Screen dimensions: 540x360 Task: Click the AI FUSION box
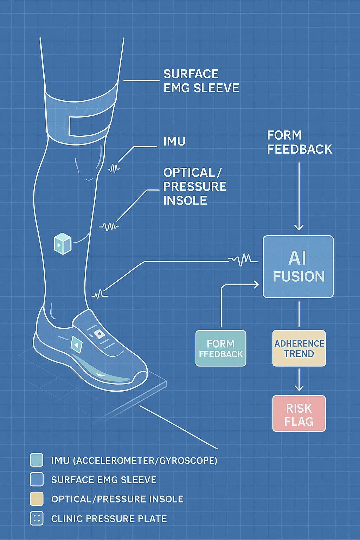[298, 266]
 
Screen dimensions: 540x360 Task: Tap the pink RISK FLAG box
[299, 414]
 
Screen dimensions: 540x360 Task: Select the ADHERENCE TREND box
[299, 348]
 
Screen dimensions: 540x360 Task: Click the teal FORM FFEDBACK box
[221, 348]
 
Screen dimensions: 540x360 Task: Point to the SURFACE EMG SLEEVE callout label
[201, 81]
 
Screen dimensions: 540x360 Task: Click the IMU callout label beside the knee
[174, 141]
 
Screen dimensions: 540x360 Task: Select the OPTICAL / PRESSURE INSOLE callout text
[195, 186]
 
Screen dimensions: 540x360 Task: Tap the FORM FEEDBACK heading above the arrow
[299, 142]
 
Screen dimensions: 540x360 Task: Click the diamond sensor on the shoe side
[76, 345]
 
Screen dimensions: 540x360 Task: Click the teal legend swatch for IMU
[37, 460]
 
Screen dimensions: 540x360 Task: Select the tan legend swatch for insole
[37, 499]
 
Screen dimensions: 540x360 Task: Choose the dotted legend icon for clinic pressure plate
[37, 519]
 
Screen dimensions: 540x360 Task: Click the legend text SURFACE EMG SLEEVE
[104, 480]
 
